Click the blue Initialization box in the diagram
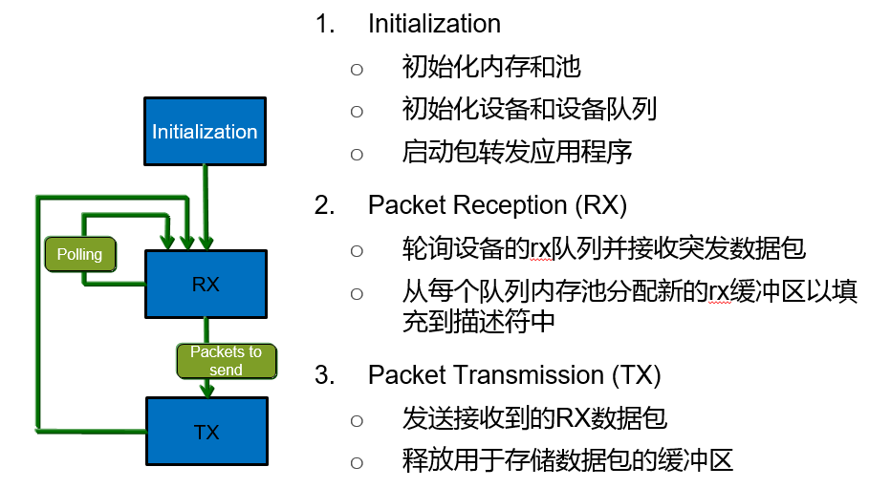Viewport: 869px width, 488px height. click(x=205, y=131)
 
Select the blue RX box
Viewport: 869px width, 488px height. click(x=205, y=283)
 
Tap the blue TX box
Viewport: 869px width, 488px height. click(x=205, y=432)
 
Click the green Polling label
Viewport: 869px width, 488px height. click(x=79, y=255)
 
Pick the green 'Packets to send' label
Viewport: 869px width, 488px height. click(x=226, y=360)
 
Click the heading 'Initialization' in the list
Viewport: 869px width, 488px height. click(x=434, y=24)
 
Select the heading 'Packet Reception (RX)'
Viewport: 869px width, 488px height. click(x=497, y=205)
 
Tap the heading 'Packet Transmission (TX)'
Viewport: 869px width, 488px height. click(x=514, y=374)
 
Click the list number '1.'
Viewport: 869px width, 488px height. click(x=326, y=24)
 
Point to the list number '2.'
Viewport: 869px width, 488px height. click(x=326, y=205)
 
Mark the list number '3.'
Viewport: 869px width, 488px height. click(x=326, y=374)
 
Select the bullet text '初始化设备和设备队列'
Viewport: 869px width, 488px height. click(x=530, y=110)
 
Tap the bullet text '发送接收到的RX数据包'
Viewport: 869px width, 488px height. click(x=534, y=418)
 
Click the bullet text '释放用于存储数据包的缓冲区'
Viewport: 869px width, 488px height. click(x=568, y=462)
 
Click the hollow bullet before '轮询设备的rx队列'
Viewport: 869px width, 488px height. click(x=358, y=250)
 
